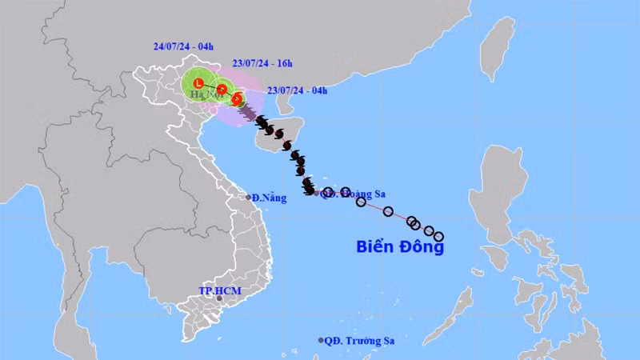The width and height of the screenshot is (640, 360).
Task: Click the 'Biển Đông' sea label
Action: click(x=399, y=247)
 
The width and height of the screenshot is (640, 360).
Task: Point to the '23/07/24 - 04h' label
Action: click(x=295, y=90)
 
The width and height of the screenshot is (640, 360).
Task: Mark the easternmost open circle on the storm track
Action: click(x=438, y=236)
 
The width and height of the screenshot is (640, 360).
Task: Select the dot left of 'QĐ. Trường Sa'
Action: click(x=321, y=340)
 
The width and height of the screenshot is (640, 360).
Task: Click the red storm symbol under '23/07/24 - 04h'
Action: click(x=238, y=99)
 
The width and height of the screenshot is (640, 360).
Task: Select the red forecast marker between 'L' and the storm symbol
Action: click(x=221, y=90)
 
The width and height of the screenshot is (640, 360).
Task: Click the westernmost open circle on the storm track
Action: click(x=328, y=192)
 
